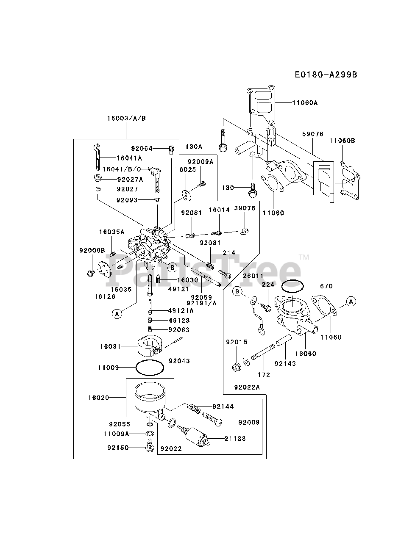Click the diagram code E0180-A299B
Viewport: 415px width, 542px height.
tap(326, 75)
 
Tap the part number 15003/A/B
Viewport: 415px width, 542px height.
tap(126, 118)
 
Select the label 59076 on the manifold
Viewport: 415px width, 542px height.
tap(313, 134)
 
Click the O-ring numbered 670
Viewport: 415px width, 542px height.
tap(292, 286)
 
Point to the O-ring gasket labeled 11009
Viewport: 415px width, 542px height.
tap(150, 368)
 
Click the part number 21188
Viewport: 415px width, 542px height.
tap(235, 439)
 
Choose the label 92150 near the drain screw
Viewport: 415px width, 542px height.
tap(118, 448)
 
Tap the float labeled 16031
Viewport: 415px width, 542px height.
tap(150, 346)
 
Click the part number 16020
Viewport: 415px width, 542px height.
tap(99, 398)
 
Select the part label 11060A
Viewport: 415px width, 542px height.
tap(305, 103)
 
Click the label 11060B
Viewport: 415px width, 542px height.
tap(343, 141)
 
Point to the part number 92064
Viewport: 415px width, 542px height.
tap(142, 148)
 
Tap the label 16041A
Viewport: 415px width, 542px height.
tap(129, 158)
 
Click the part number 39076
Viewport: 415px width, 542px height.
tap(245, 208)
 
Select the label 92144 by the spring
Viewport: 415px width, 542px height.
tap(223, 406)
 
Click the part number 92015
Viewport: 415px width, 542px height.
tap(237, 342)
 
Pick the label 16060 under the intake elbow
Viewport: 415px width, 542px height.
tap(306, 354)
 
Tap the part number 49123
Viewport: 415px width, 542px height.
tap(179, 321)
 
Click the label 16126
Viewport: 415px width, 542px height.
tap(105, 296)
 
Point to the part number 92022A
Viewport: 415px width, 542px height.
tap(247, 387)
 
